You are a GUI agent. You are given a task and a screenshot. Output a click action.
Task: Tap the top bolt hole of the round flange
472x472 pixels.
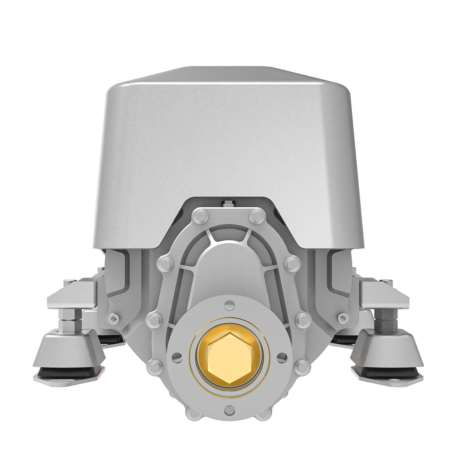[230, 303]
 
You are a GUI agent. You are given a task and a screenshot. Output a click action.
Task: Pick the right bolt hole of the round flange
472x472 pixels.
[282, 357]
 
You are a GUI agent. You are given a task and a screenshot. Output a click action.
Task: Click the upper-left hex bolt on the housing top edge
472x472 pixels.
[200, 216]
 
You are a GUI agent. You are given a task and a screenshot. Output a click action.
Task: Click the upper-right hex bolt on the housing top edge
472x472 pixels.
[257, 216]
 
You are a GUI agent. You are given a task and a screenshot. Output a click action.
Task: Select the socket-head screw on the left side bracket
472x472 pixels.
[113, 318]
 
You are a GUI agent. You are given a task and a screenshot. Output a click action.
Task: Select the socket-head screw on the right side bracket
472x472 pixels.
[343, 317]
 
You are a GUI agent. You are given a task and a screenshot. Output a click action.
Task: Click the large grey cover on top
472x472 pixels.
[228, 149]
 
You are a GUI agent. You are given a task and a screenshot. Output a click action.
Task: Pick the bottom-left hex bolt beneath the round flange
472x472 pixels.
[193, 413]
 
